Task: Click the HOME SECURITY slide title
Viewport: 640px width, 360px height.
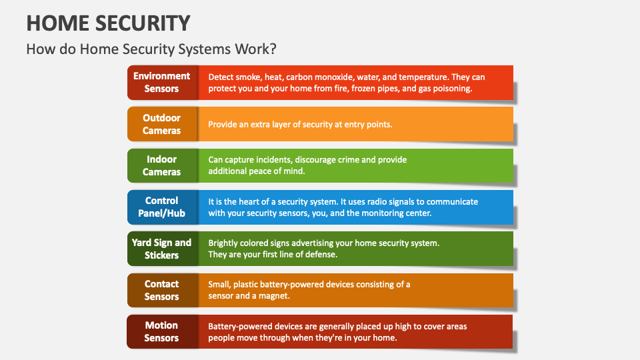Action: [108, 23]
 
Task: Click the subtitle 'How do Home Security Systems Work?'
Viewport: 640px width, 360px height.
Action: [151, 49]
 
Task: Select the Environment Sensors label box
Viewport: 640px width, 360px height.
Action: [162, 83]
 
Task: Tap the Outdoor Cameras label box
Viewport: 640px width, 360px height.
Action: [162, 124]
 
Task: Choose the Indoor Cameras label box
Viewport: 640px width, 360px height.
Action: [162, 165]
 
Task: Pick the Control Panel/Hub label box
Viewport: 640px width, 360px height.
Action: [162, 207]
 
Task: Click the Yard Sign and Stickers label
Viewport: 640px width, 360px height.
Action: [162, 249]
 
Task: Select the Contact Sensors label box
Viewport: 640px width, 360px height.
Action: [162, 290]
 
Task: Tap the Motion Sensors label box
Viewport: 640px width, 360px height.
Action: [162, 331]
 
